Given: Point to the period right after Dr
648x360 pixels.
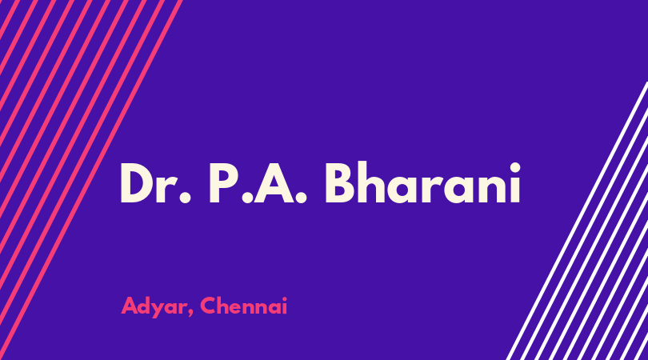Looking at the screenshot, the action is point(185,198).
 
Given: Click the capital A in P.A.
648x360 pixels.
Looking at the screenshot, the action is point(274,183).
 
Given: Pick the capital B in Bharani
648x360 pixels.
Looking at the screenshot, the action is point(341,183).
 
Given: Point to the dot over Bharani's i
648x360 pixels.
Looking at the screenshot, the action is point(515,167).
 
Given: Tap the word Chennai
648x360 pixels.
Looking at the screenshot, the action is point(243,306).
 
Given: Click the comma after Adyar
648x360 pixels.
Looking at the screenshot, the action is point(190,314).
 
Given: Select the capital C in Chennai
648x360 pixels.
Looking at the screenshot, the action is point(208,306).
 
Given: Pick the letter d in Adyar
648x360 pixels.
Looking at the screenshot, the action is point(146,306).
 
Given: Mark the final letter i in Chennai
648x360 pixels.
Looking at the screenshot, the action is point(284,306).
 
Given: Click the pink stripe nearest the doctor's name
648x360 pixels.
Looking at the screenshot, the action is point(91,180).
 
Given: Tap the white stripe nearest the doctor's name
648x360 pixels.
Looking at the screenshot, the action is point(577,221).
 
